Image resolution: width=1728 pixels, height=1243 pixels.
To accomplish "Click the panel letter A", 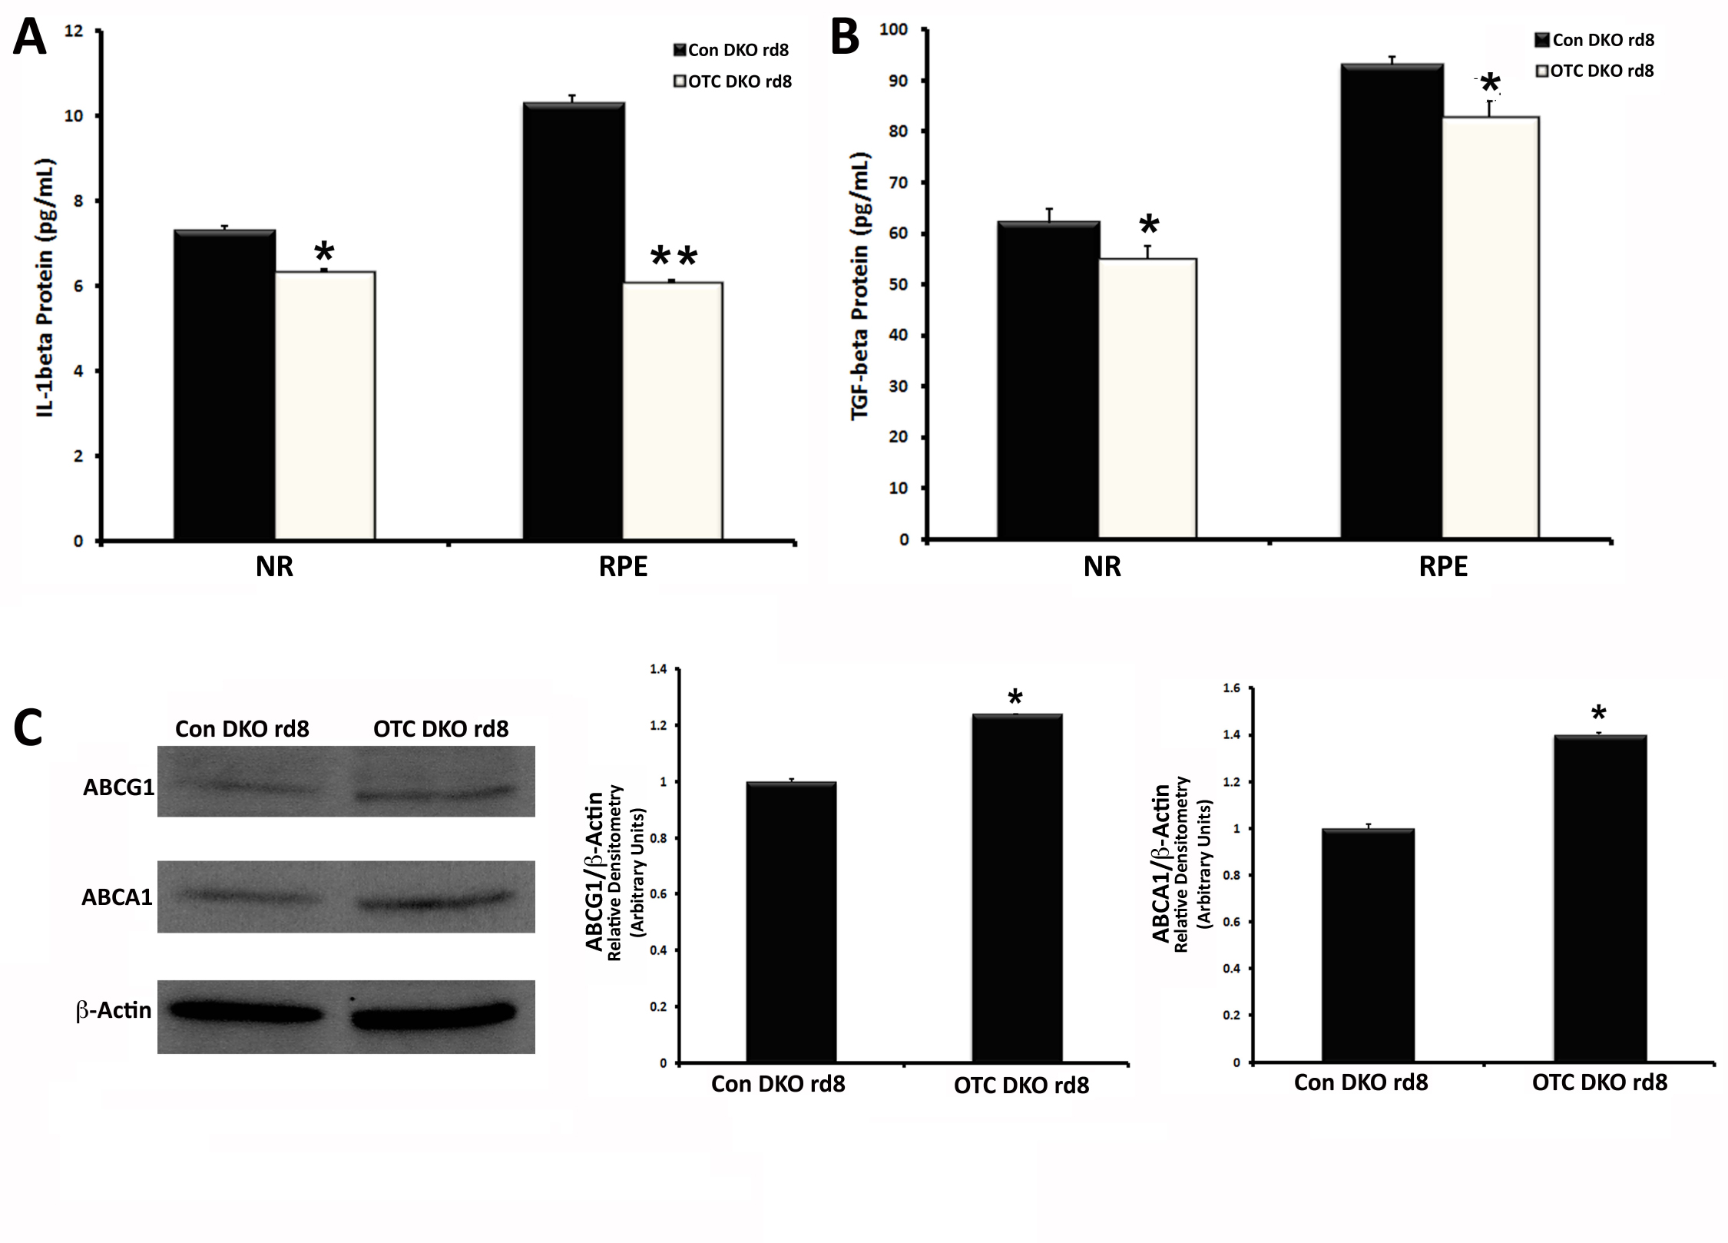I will click(29, 38).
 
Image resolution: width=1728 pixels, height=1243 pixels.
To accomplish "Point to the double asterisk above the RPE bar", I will click(674, 258).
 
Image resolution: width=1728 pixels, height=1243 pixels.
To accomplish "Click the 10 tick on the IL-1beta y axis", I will click(74, 116).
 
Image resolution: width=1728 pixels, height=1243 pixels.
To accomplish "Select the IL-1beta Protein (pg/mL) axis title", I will click(46, 288).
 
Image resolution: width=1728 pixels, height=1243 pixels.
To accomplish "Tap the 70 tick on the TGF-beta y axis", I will click(898, 183).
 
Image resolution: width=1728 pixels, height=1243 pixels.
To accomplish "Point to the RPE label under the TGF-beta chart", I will click(1442, 567).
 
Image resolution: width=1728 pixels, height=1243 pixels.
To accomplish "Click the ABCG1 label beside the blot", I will click(118, 787).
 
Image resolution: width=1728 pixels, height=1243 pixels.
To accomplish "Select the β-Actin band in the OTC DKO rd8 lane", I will click(434, 1016).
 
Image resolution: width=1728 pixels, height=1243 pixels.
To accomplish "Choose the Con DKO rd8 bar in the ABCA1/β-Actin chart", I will click(1367, 946).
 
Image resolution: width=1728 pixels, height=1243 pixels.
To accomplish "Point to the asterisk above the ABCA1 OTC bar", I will click(1599, 714).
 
